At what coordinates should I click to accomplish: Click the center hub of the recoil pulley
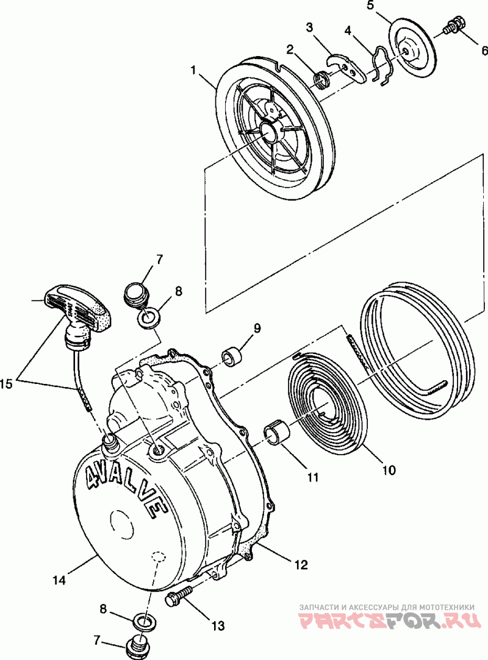pyautogui.click(x=268, y=130)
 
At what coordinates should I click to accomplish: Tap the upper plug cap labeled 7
pyautogui.click(x=136, y=294)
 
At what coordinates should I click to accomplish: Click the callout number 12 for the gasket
pyautogui.click(x=301, y=564)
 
